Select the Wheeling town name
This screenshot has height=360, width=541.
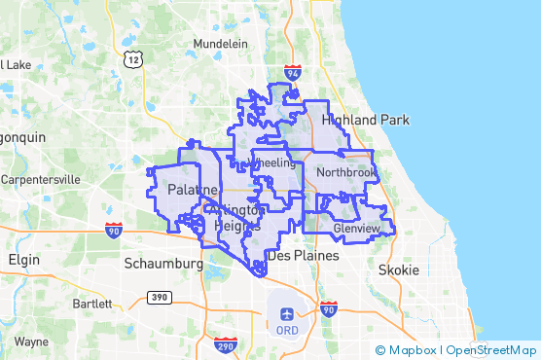pyautogui.click(x=271, y=162)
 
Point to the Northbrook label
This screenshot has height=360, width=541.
pyautogui.click(x=345, y=172)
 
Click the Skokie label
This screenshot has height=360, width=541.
pyautogui.click(x=397, y=270)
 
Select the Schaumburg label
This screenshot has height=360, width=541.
pyautogui.click(x=162, y=263)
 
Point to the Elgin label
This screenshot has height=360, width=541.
pyautogui.click(x=23, y=261)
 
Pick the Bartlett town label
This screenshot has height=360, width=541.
pyautogui.click(x=91, y=304)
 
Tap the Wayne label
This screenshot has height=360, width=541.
pyautogui.click(x=31, y=342)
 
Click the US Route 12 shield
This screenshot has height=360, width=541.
pyautogui.click(x=132, y=60)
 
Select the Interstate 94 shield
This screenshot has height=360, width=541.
pyautogui.click(x=294, y=73)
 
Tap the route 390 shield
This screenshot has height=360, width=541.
pyautogui.click(x=158, y=296)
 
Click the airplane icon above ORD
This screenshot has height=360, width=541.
pyautogui.click(x=287, y=313)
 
